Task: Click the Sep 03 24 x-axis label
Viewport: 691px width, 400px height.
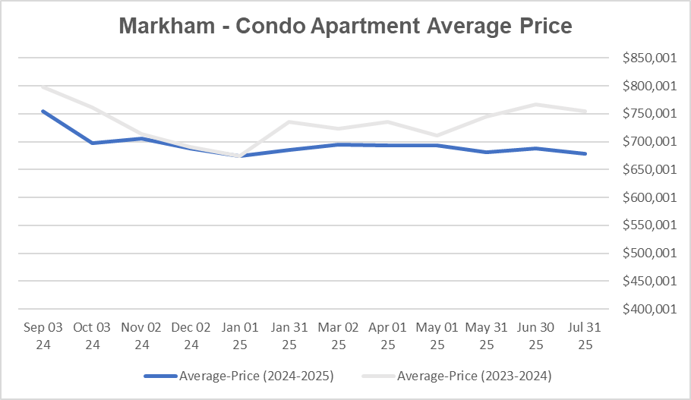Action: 43,335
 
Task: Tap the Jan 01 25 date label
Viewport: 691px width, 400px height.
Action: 240,335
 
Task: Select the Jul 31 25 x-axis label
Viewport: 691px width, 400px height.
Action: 585,335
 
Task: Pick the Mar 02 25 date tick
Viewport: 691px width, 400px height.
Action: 339,335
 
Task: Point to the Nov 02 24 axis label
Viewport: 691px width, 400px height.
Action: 142,335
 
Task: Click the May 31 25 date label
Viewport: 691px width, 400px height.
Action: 486,335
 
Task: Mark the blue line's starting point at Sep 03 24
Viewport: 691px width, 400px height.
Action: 43,111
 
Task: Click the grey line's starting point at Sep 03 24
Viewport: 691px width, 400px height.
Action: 43,87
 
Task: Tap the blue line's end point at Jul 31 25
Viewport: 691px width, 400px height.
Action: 585,153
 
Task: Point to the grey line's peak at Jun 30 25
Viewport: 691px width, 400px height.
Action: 535,104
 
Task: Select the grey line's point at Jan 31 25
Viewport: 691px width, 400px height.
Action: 289,121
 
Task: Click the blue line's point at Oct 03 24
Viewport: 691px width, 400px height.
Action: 93,143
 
